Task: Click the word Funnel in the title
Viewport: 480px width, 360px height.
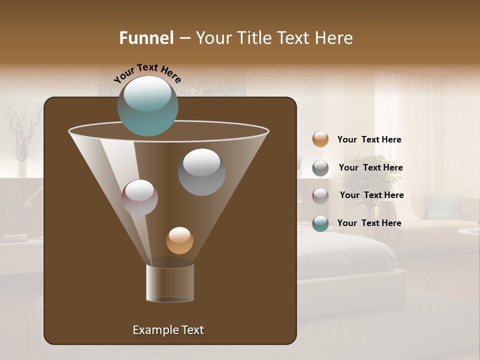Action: tap(146, 38)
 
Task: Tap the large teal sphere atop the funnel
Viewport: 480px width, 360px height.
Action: tap(147, 105)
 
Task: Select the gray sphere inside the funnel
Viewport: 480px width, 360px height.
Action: tap(201, 172)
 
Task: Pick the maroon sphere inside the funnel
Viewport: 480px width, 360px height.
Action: tap(139, 197)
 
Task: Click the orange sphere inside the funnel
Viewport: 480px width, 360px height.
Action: tap(179, 240)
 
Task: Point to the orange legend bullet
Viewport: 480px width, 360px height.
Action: tap(320, 139)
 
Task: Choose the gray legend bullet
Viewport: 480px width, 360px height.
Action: tap(320, 168)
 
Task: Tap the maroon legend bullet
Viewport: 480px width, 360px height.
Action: tap(320, 196)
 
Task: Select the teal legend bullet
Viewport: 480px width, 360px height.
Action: tap(320, 223)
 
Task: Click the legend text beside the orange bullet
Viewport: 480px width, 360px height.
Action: tap(369, 139)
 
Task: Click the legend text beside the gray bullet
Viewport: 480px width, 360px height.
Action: tap(370, 167)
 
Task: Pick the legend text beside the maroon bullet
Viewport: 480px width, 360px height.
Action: tap(371, 195)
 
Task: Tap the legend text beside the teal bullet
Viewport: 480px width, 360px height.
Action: tap(369, 223)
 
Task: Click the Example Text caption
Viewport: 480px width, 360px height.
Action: tap(168, 330)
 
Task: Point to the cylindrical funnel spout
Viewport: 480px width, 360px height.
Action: tap(170, 282)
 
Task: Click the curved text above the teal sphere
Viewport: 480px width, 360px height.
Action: tap(147, 73)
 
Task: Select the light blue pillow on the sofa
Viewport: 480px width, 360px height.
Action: tap(442, 206)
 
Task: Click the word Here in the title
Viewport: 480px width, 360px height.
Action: tap(334, 38)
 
